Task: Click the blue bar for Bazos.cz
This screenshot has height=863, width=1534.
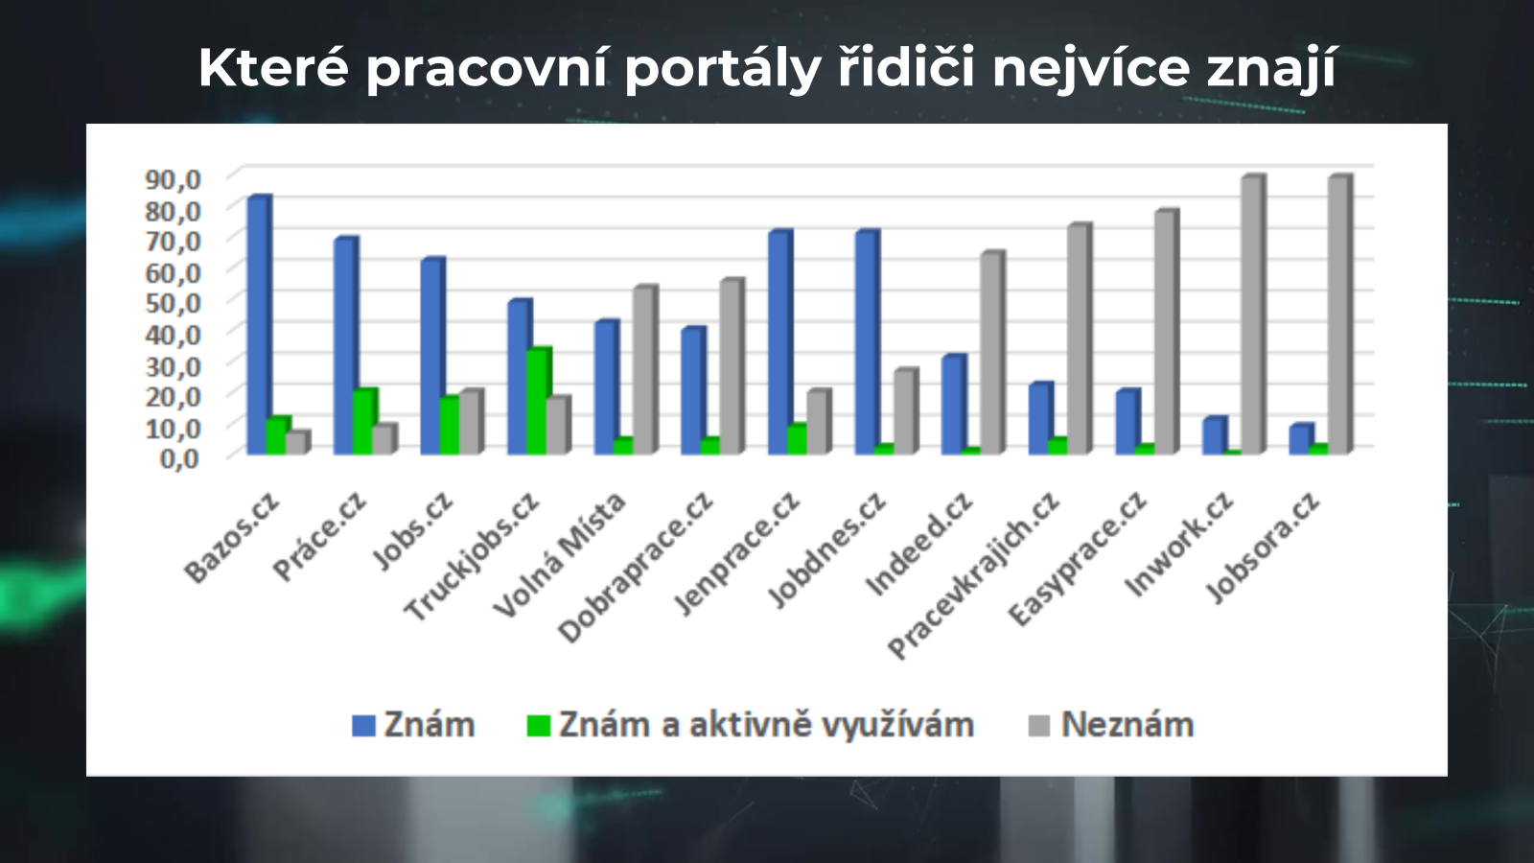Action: click(259, 325)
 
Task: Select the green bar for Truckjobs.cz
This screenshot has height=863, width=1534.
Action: click(539, 401)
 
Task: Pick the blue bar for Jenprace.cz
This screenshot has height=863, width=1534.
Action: click(780, 342)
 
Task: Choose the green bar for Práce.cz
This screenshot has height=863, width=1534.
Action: click(365, 421)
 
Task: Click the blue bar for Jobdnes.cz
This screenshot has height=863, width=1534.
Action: click(867, 342)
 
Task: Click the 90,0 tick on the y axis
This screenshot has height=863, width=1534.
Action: click(173, 179)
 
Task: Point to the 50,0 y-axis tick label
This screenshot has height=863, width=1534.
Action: click(173, 303)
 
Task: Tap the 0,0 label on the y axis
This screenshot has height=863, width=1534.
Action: click(179, 458)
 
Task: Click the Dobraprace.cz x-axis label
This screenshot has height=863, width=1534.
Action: click(636, 568)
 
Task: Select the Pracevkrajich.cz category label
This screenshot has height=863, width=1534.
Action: click(973, 575)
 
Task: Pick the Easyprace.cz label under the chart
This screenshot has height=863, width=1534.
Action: click(1078, 559)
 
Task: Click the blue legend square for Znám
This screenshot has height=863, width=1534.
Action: click(363, 725)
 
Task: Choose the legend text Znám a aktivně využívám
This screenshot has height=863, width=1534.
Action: click(766, 725)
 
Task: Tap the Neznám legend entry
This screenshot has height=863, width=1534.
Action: click(1112, 725)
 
